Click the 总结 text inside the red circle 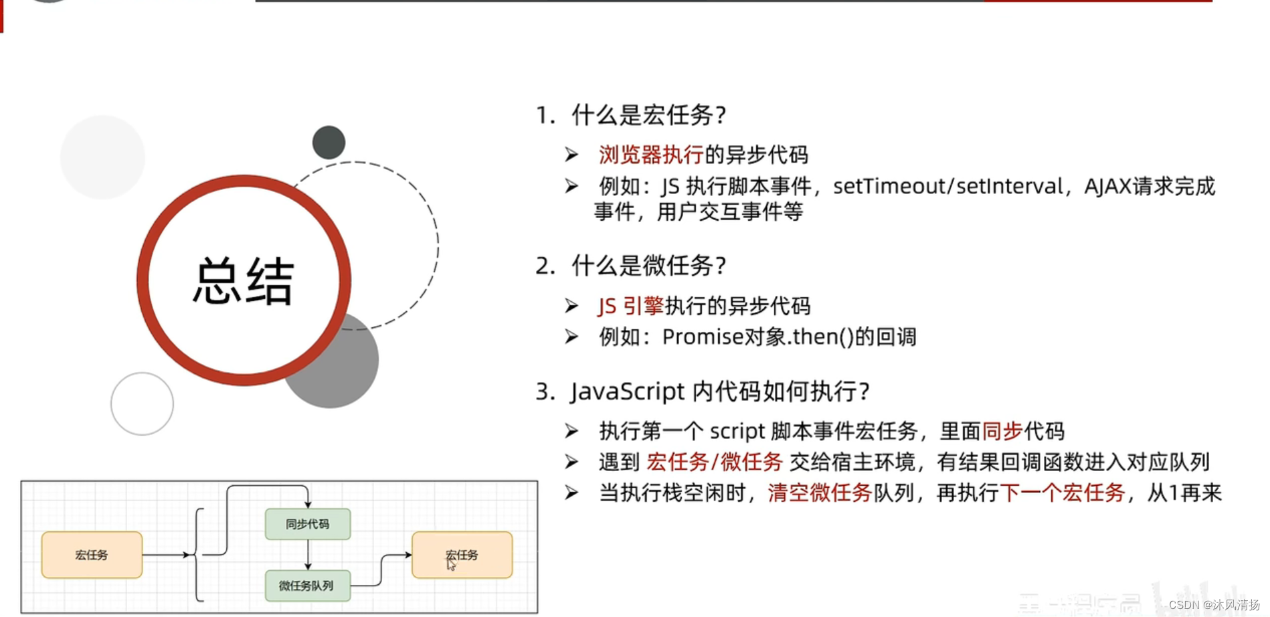244,281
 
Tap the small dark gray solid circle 329,142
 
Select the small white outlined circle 142,404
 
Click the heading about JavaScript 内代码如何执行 719,391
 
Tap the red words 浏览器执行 650,155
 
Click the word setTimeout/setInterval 947,186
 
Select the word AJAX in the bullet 1107,186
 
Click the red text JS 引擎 630,306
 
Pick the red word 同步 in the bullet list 1002,431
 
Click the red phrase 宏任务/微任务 714,462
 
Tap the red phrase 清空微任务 819,493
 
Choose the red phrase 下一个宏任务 1062,493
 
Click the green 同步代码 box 307,524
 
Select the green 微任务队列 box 307,586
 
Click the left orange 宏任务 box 92,555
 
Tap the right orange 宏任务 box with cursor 462,555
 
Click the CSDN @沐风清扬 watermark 1214,605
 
